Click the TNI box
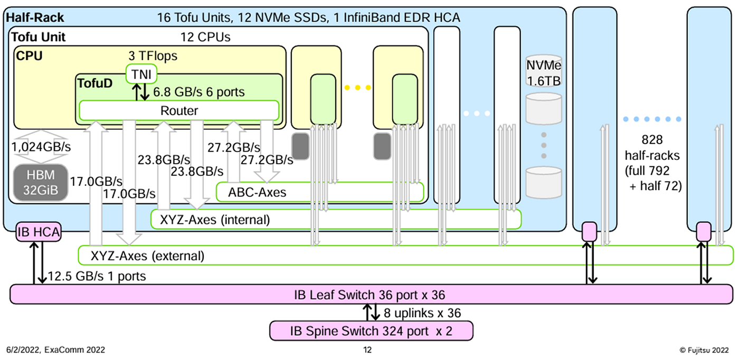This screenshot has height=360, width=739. [141, 74]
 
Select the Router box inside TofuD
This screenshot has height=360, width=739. [179, 110]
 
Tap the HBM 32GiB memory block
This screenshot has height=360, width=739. [41, 183]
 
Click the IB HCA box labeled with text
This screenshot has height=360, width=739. [39, 232]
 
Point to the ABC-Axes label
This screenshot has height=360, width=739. [257, 192]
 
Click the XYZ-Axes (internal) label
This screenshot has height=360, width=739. [215, 220]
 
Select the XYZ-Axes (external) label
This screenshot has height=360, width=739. [147, 256]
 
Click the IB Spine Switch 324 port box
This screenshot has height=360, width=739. [371, 331]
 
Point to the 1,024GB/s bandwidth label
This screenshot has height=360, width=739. [41, 147]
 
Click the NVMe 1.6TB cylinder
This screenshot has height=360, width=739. [543, 72]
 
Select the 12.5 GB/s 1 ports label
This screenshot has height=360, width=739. [97, 276]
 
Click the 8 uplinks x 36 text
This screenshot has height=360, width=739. [422, 313]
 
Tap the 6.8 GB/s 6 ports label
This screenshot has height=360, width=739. [199, 92]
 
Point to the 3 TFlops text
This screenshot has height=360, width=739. [153, 56]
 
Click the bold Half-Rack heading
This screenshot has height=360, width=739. [35, 17]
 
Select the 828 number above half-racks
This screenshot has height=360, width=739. [652, 140]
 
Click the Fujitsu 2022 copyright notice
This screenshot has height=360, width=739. [704, 350]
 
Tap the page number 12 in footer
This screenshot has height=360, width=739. [367, 350]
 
